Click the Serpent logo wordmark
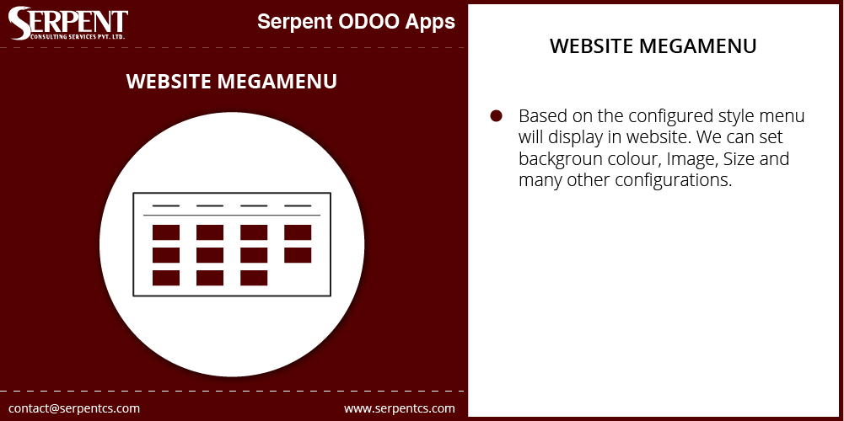[x=67, y=23]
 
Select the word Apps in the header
[x=431, y=23]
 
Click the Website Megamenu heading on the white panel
[x=653, y=45]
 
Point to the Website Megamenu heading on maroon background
[x=232, y=81]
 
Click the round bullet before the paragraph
[x=496, y=115]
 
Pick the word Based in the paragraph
[x=540, y=115]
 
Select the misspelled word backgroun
[x=561, y=159]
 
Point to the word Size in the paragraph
[x=740, y=159]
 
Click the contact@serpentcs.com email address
[x=74, y=408]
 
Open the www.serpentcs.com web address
[x=400, y=408]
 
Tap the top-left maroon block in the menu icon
[x=166, y=232]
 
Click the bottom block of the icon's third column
[x=254, y=278]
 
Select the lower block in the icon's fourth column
[x=298, y=255]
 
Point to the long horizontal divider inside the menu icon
[x=232, y=215]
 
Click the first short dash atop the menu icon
[x=166, y=206]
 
